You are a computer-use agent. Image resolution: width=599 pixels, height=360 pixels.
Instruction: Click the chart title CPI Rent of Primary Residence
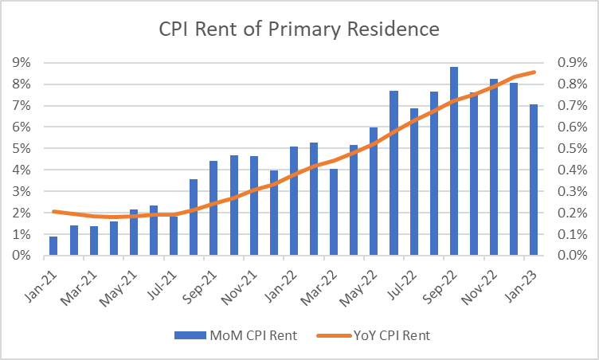(x=299, y=30)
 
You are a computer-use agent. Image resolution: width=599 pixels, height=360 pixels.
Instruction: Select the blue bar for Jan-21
(x=53, y=246)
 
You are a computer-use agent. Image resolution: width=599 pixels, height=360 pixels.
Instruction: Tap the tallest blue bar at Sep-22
(x=454, y=162)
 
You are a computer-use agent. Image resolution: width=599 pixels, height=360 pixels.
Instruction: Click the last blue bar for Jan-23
(x=534, y=180)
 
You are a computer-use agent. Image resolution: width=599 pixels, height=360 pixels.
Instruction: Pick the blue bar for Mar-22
(x=334, y=213)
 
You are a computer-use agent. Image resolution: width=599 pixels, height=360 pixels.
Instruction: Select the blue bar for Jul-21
(x=174, y=236)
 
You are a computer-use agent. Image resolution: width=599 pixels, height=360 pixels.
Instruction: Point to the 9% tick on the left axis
(x=21, y=62)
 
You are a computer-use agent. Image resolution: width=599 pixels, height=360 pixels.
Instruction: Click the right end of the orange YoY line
(x=534, y=72)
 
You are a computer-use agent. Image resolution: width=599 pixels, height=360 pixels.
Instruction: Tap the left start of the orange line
(x=53, y=211)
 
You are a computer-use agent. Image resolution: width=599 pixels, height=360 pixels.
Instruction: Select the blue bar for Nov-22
(x=494, y=167)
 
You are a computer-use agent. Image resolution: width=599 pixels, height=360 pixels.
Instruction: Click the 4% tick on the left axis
(x=21, y=170)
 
